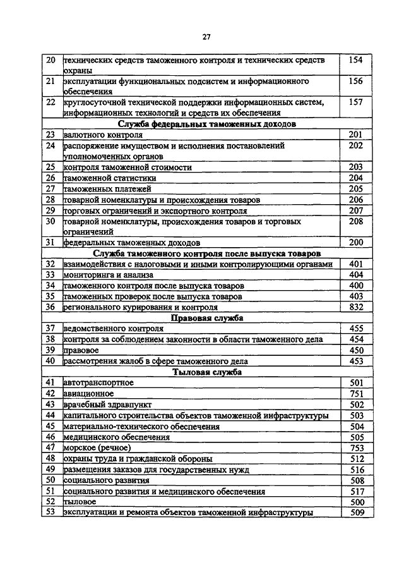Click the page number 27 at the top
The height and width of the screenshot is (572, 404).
tap(206, 37)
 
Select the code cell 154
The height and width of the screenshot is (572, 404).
tap(356, 61)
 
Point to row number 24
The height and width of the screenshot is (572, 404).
tap(51, 146)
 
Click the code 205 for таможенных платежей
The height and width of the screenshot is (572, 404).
tap(356, 189)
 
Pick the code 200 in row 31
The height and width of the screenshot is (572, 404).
tap(356, 242)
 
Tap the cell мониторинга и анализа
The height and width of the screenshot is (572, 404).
tap(95, 274)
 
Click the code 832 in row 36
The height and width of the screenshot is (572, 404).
tap(356, 307)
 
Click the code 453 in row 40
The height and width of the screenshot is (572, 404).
tap(356, 361)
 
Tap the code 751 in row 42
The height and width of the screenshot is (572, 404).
tap(356, 393)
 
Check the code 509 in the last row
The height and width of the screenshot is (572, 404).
tap(356, 513)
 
